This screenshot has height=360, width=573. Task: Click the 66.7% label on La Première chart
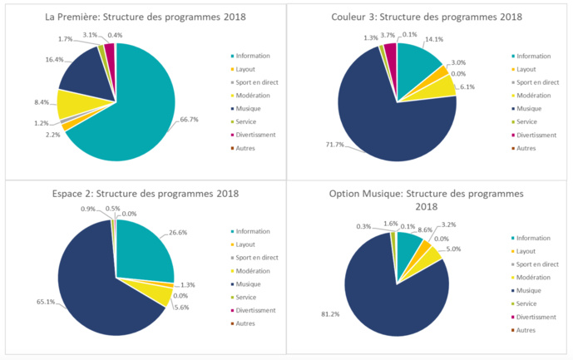point(189,119)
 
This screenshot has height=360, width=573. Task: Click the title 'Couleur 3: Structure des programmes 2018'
point(426,17)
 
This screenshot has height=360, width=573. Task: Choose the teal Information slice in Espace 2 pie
point(141,249)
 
